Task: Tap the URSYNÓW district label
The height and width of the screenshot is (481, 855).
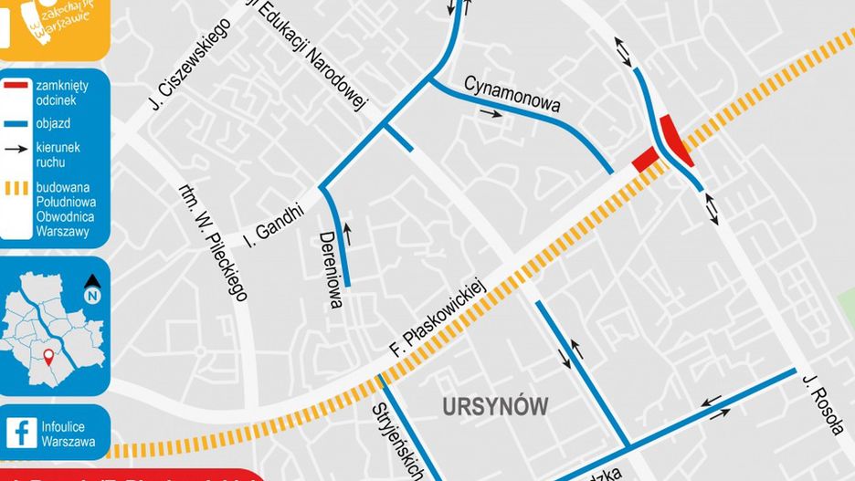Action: click(x=496, y=406)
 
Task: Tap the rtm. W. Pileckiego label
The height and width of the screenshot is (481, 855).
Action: click(x=214, y=242)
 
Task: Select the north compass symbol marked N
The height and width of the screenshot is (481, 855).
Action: click(x=92, y=288)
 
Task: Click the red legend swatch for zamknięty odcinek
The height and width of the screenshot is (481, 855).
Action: click(x=16, y=87)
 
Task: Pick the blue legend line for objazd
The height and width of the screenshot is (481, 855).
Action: click(x=16, y=121)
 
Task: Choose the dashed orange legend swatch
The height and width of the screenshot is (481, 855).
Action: click(x=16, y=189)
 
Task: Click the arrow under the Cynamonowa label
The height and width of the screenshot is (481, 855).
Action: click(x=491, y=115)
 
